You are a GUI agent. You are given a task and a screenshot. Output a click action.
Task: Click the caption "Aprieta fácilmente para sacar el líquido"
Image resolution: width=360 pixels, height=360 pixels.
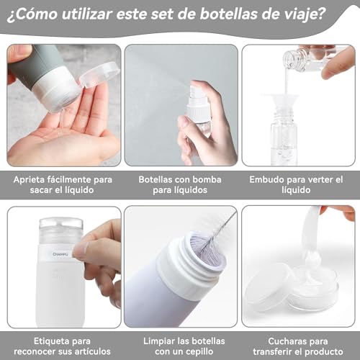[x=64, y=184]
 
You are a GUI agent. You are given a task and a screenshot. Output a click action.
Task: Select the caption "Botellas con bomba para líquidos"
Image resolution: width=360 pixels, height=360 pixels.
[x=180, y=184]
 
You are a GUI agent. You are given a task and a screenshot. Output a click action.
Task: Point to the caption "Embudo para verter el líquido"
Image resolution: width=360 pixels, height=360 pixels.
[x=297, y=184]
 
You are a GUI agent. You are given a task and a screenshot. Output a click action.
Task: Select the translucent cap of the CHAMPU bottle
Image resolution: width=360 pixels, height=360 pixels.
[x=60, y=231]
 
